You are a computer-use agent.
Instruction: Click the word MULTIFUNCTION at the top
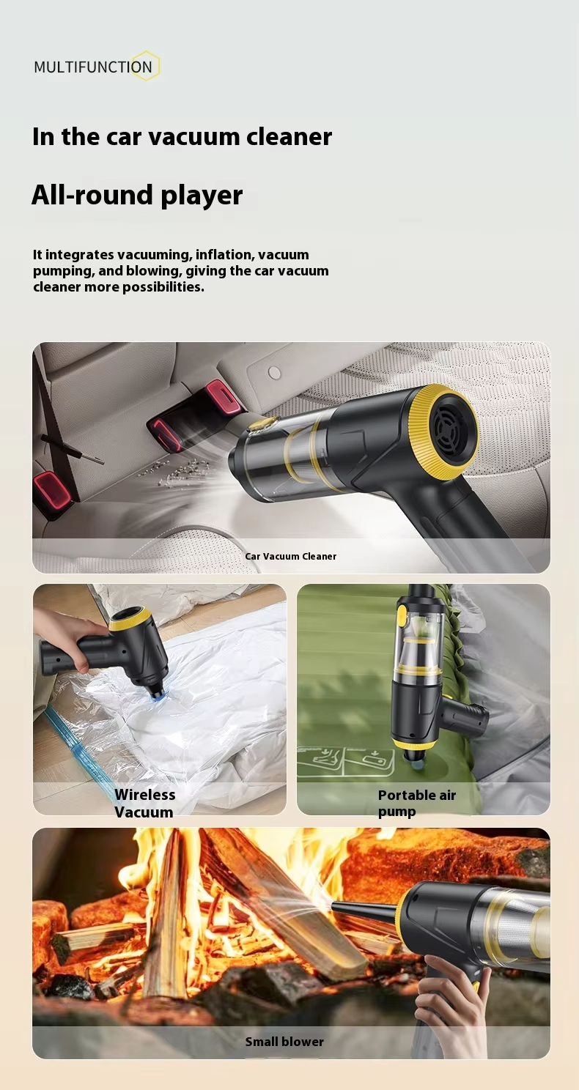pyautogui.click(x=93, y=67)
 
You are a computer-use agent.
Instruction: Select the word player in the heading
pyautogui.click(x=202, y=196)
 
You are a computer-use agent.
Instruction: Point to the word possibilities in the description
pyautogui.click(x=163, y=287)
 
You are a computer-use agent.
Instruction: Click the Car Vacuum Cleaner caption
pyautogui.click(x=291, y=556)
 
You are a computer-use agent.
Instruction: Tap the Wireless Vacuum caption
pyautogui.click(x=144, y=804)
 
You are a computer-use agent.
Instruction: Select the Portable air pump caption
pyautogui.click(x=417, y=803)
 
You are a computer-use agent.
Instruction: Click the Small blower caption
pyautogui.click(x=284, y=1042)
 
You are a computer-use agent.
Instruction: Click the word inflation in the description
pyautogui.click(x=224, y=255)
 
